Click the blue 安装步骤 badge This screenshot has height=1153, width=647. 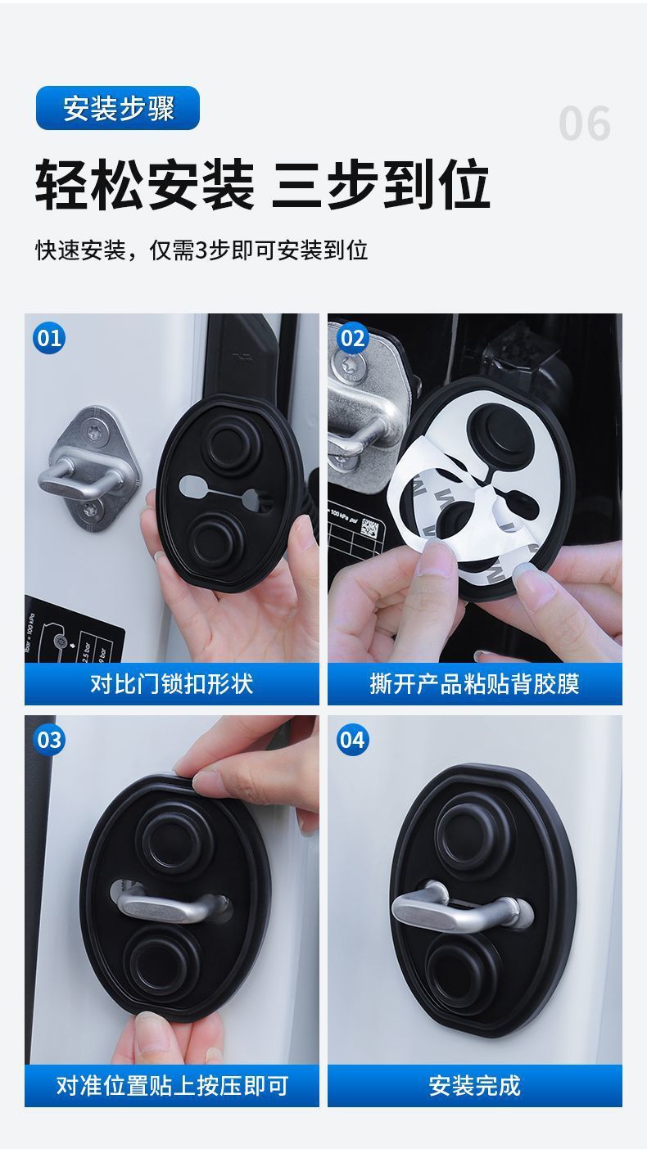click(x=117, y=108)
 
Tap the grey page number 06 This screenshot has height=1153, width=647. click(x=585, y=124)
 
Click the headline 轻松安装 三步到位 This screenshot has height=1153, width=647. click(x=262, y=184)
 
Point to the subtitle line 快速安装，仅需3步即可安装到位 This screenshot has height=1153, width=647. click(x=201, y=250)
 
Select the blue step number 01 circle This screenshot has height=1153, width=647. click(x=49, y=338)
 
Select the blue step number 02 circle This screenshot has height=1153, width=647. click(x=352, y=338)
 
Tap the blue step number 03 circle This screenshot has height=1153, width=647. click(x=49, y=740)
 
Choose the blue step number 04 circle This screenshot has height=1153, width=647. click(x=352, y=740)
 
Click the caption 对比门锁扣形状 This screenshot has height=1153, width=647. click(x=172, y=684)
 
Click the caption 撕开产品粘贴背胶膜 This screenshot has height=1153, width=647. click(x=475, y=684)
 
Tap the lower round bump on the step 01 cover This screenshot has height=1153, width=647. click(x=215, y=539)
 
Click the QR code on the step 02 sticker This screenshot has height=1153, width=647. click(x=369, y=528)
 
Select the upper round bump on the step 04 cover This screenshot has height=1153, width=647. click(x=474, y=832)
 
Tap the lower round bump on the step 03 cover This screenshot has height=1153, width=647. click(x=161, y=962)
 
